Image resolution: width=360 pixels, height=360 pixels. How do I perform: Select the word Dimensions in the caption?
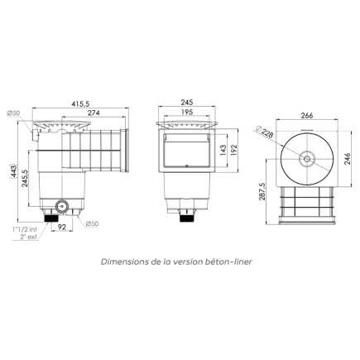127,261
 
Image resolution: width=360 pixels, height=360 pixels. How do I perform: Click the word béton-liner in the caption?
231,261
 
